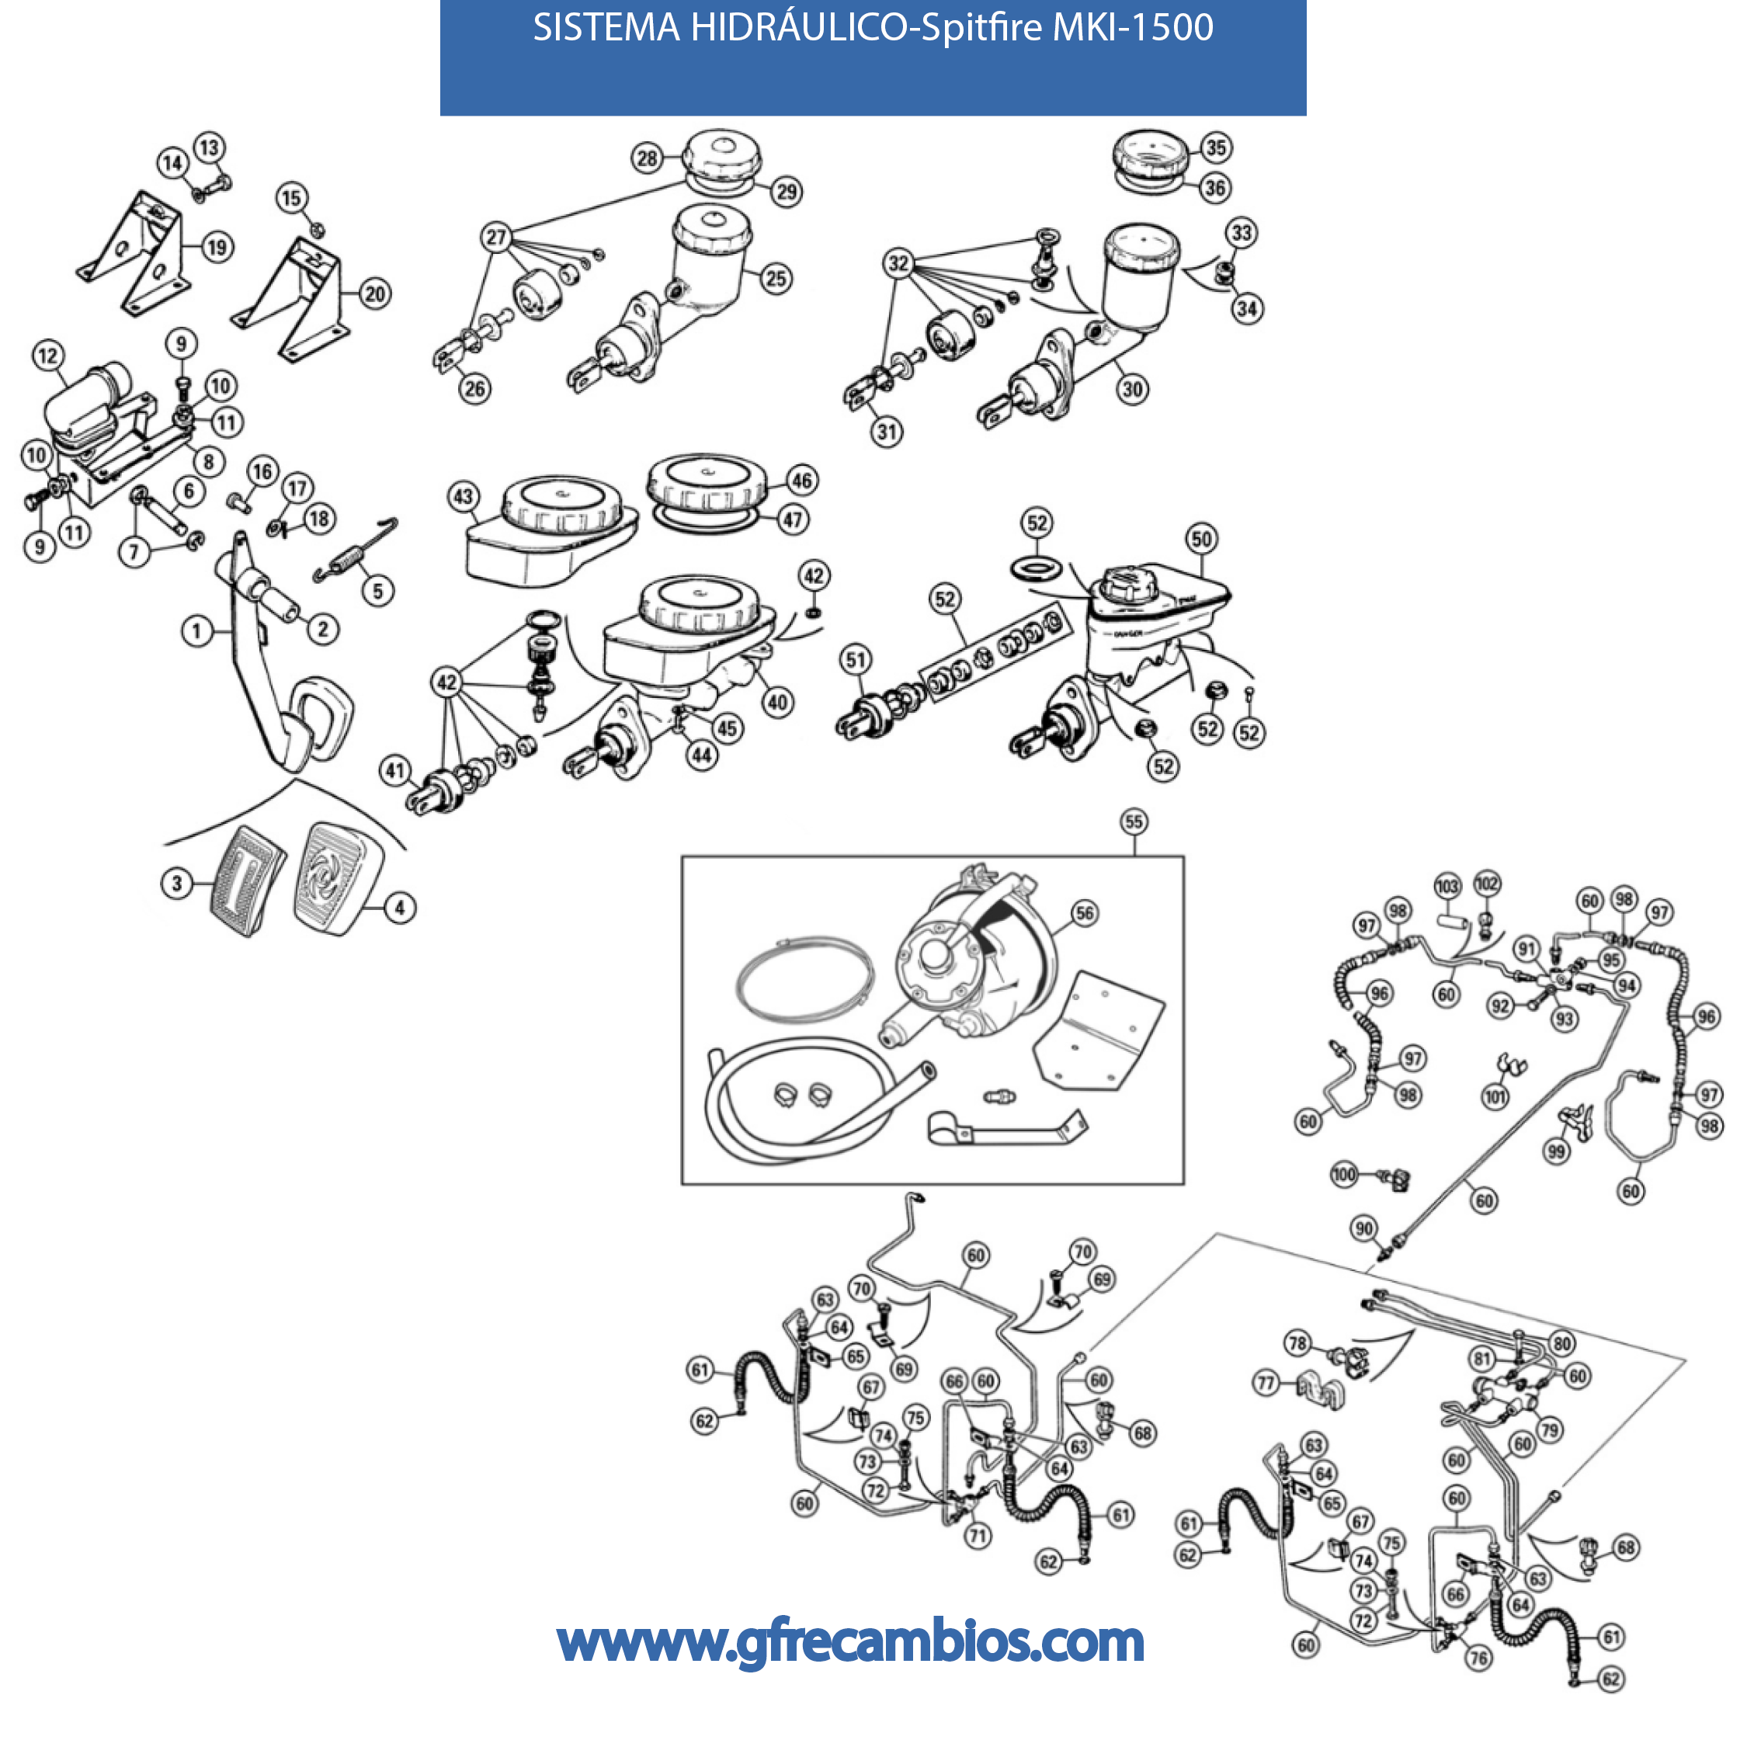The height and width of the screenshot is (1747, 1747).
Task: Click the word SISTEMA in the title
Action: click(606, 28)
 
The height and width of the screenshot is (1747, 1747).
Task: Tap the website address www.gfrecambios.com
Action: click(851, 1641)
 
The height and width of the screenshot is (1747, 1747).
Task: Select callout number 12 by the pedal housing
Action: click(48, 356)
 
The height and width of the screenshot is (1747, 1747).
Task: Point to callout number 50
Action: click(1201, 539)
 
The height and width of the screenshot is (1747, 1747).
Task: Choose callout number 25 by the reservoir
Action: click(776, 278)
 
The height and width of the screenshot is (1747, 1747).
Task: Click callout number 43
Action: click(463, 495)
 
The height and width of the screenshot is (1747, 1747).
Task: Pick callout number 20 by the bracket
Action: click(374, 293)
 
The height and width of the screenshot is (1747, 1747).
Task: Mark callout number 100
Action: click(1344, 1175)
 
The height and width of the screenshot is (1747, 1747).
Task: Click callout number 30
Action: click(1132, 389)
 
